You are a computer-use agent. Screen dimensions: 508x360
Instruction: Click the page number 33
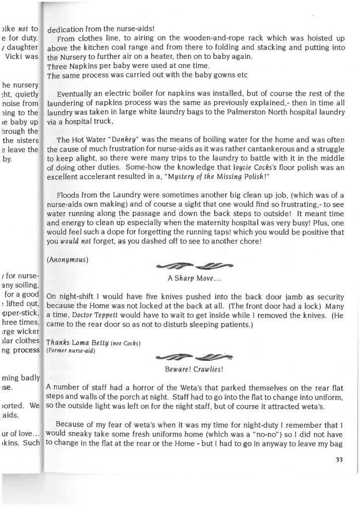click(339, 459)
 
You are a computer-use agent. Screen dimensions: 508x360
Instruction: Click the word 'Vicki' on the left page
click(14, 57)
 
